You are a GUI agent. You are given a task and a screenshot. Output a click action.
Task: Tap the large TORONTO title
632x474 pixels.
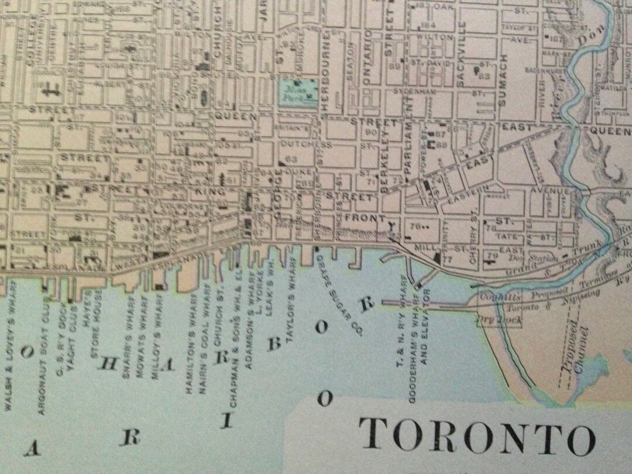pos(477,437)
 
